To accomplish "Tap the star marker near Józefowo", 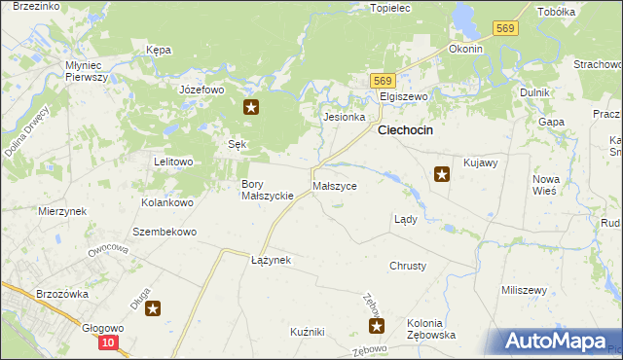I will point(251,108).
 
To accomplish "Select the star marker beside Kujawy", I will point(442,174).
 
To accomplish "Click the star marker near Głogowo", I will point(153,309).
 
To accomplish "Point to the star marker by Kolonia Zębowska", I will point(377,326).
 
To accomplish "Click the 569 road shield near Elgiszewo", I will point(383,81).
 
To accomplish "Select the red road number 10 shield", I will point(109,342).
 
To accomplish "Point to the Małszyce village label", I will point(335,185).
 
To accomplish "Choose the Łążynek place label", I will point(271,260).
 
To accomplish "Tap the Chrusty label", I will point(408,266).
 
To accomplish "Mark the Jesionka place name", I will point(344,117).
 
